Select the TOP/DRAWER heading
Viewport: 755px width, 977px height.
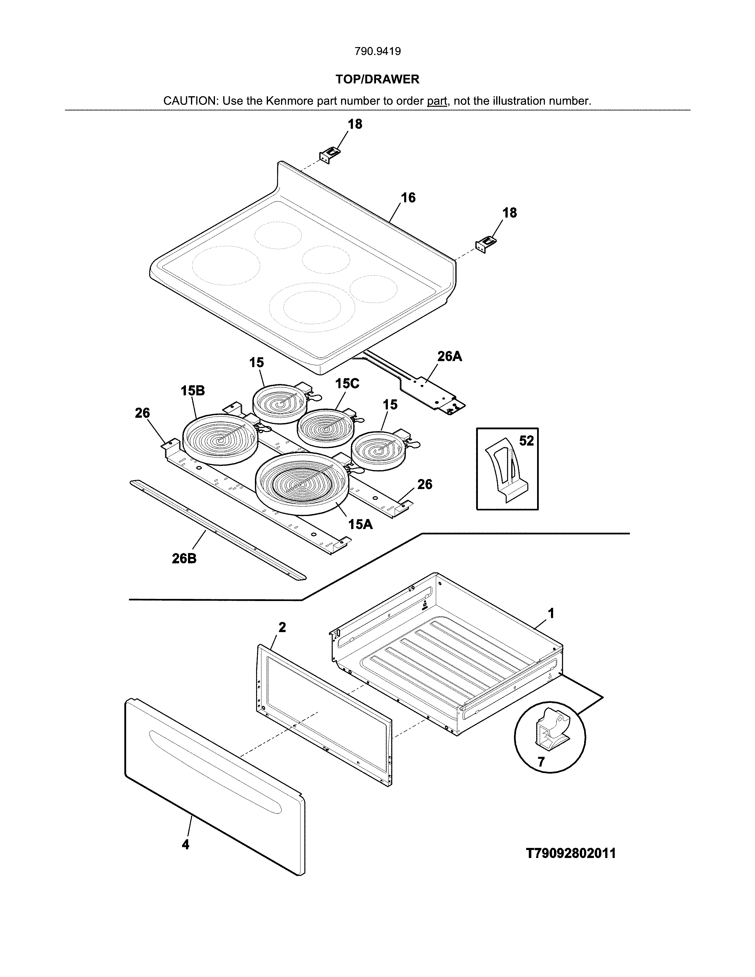[377, 79]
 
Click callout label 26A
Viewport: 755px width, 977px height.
[449, 356]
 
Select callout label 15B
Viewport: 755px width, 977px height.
[193, 391]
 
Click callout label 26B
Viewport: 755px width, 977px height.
[184, 558]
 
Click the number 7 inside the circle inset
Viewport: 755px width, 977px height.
[541, 761]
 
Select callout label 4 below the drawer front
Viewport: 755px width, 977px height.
[185, 845]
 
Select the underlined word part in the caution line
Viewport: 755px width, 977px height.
[437, 101]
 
